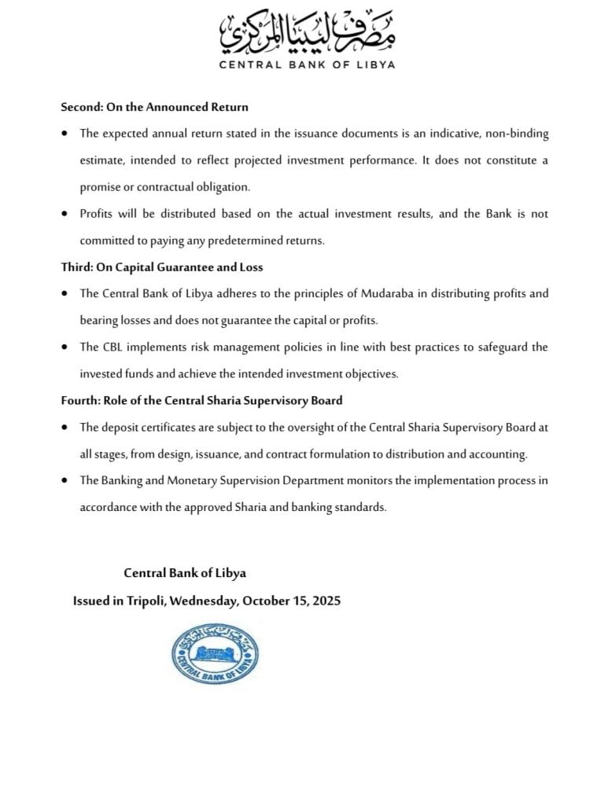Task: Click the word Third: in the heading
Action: pyautogui.click(x=77, y=267)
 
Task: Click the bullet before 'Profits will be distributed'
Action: pyautogui.click(x=65, y=214)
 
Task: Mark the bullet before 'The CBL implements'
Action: pyautogui.click(x=65, y=347)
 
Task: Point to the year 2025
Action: pyautogui.click(x=326, y=601)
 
